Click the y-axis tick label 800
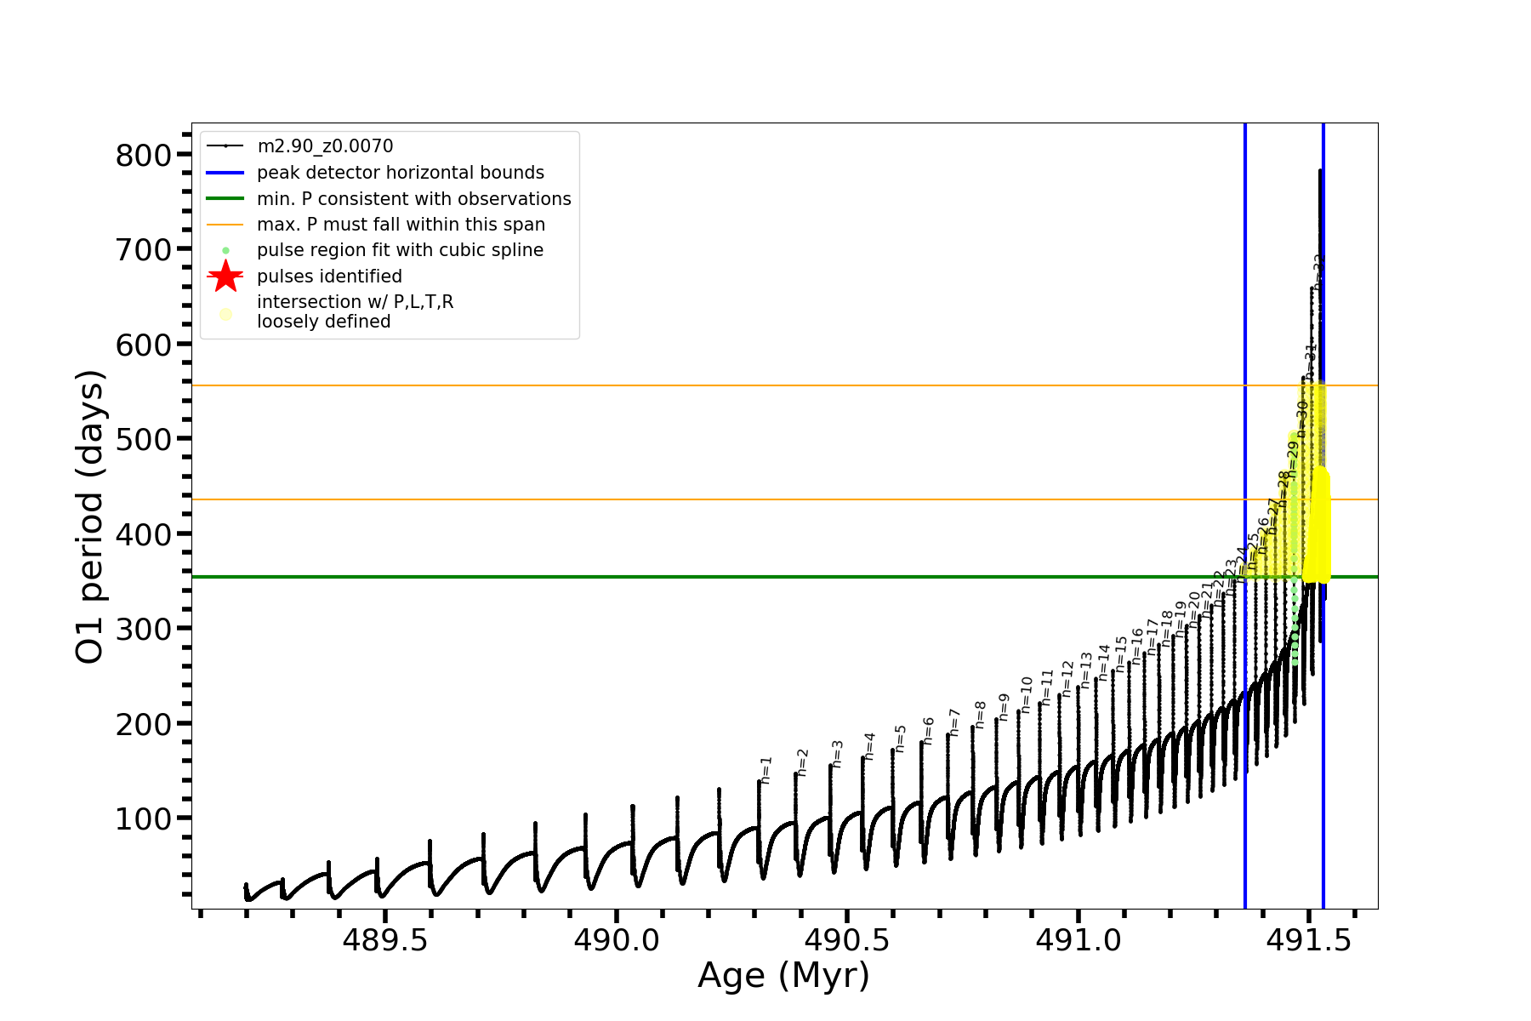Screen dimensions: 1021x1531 [x=143, y=155]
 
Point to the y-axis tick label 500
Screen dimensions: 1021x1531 [x=143, y=439]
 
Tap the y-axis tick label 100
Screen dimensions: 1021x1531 [x=143, y=819]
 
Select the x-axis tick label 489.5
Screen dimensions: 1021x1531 [x=384, y=940]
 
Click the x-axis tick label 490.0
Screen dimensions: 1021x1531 [x=616, y=940]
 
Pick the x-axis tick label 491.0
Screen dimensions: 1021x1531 [x=1078, y=940]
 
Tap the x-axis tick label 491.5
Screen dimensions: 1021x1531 [x=1309, y=940]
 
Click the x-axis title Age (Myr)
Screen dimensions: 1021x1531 [x=783, y=976]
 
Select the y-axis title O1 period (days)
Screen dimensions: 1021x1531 [x=90, y=516]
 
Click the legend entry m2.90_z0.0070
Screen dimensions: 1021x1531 [x=325, y=146]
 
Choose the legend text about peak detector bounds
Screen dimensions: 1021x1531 [x=400, y=173]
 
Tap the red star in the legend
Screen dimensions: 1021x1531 [x=225, y=277]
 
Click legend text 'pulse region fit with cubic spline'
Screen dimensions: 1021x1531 [x=400, y=250]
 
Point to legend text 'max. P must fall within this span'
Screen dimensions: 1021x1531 [x=401, y=225]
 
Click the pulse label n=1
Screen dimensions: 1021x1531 [x=766, y=770]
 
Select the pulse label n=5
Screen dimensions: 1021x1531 [x=901, y=739]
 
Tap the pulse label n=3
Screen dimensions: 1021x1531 [x=838, y=754]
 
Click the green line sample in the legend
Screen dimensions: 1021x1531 [x=225, y=198]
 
